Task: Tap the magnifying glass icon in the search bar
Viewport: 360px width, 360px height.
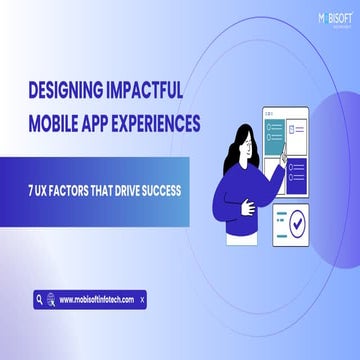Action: (39, 299)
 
